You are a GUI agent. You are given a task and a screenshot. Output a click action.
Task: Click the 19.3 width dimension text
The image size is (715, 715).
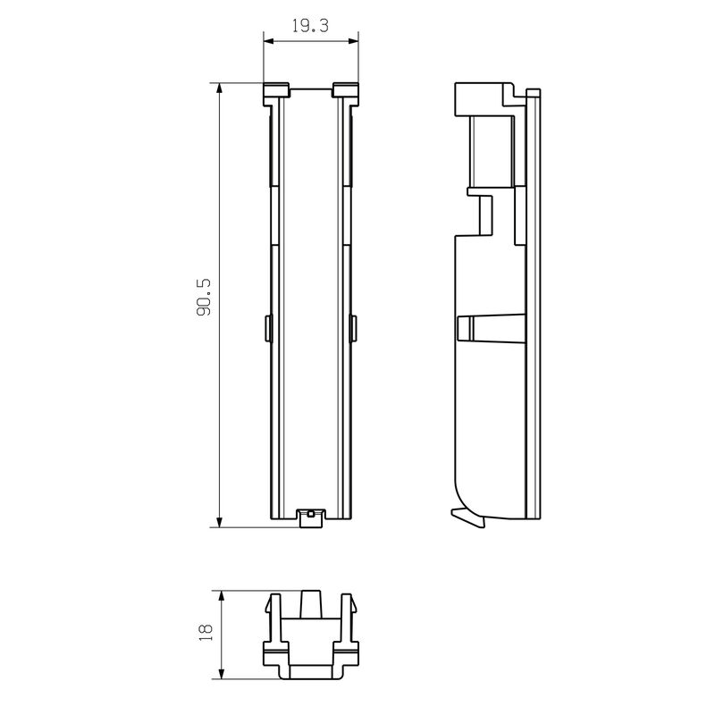coord(310,26)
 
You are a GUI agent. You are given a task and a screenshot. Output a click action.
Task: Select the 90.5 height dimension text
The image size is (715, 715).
coord(205,299)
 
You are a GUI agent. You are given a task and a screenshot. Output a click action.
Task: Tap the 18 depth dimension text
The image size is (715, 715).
coord(206,633)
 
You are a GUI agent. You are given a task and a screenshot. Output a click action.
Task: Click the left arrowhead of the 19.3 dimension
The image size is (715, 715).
coord(269,41)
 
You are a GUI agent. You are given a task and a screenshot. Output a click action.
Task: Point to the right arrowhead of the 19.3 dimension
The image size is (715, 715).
coord(353,41)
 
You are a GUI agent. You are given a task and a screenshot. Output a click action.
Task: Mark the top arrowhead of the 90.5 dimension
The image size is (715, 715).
coord(220,88)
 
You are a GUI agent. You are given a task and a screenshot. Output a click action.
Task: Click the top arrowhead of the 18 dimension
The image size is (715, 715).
coord(222,595)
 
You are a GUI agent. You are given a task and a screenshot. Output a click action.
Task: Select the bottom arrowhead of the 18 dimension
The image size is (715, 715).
coord(222,674)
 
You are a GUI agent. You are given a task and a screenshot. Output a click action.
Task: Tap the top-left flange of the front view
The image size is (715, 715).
coord(276,94)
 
